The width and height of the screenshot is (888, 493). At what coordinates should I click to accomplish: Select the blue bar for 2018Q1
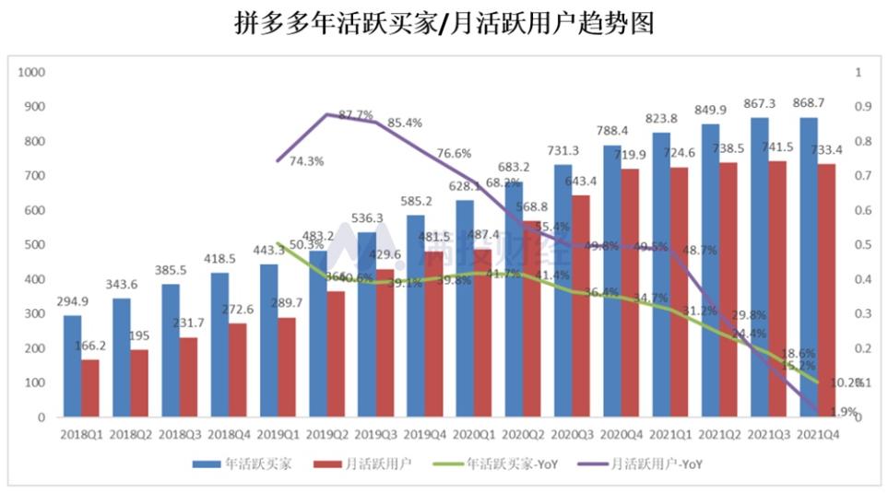(72, 366)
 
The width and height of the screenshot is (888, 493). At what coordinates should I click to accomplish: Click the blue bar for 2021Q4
(808, 267)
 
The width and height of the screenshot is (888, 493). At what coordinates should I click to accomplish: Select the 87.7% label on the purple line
(356, 115)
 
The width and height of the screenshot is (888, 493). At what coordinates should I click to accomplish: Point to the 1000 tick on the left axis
(33, 72)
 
